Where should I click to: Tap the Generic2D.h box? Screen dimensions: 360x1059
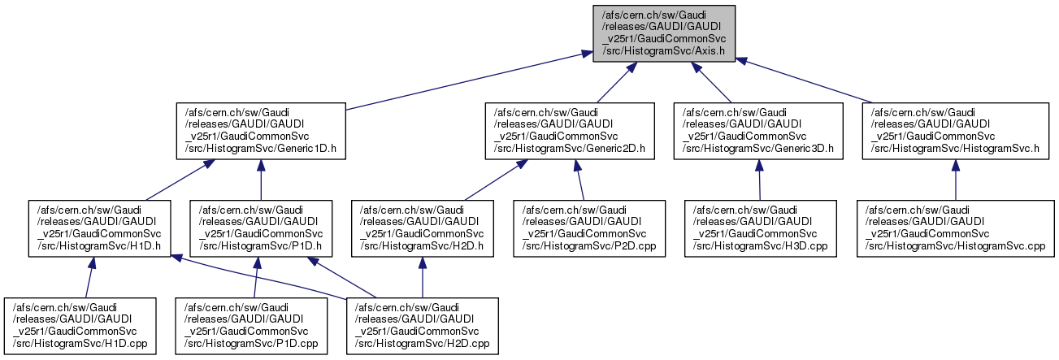coord(570,130)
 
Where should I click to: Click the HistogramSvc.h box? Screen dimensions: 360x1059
coord(955,130)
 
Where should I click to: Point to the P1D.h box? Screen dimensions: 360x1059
coord(260,227)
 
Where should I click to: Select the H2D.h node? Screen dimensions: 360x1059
coord(422,227)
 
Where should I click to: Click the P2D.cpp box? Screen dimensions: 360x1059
coord(589,227)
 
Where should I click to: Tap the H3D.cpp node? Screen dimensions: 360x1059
coord(760,227)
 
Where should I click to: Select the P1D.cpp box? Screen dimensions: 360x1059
coord(254,326)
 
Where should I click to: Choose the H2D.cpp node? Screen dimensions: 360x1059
coord(421,326)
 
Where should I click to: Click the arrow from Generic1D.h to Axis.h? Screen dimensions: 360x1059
coord(463,80)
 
